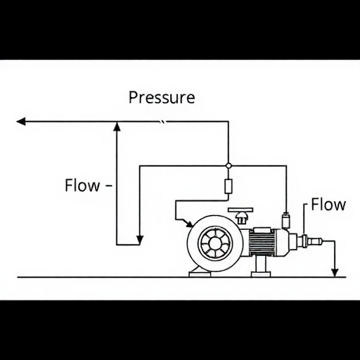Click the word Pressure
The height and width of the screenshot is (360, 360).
pos(162,98)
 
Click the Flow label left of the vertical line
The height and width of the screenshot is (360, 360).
pos(82,185)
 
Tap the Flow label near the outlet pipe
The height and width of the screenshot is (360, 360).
pos(328,205)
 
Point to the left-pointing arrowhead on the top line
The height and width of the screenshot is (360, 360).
pos(21,122)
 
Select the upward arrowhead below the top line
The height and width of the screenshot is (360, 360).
pos(117,127)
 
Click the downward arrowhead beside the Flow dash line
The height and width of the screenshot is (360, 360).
pos(140,240)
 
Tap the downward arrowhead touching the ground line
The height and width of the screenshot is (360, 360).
pos(335,273)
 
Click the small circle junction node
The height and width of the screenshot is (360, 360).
pos(229,166)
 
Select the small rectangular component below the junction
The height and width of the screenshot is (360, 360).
pos(229,186)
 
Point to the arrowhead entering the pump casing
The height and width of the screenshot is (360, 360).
pos(189,224)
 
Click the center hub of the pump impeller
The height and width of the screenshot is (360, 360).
pos(214,243)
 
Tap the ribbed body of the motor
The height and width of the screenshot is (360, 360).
pos(262,243)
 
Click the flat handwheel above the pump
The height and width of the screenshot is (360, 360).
pos(240,210)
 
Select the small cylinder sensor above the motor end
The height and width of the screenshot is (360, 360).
pos(285,221)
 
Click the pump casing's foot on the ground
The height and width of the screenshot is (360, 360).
pos(200,274)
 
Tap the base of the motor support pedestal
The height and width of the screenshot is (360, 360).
pos(261,274)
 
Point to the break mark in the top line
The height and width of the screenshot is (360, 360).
pos(162,122)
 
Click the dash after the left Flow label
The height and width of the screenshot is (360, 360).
pos(109,186)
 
